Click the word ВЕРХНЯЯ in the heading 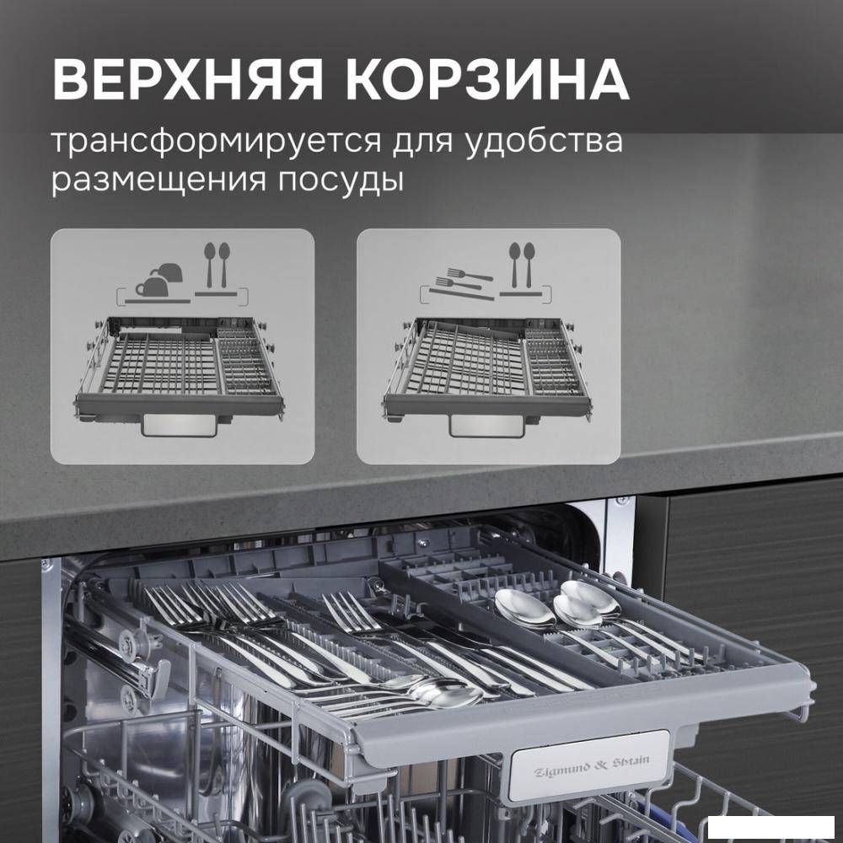[188, 81]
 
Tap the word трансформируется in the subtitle [216, 142]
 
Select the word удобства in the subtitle [544, 141]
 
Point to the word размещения [158, 180]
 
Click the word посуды [341, 180]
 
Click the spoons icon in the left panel [217, 264]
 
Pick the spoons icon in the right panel [522, 264]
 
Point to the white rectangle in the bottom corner [771, 827]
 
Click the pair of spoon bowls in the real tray [557, 604]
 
